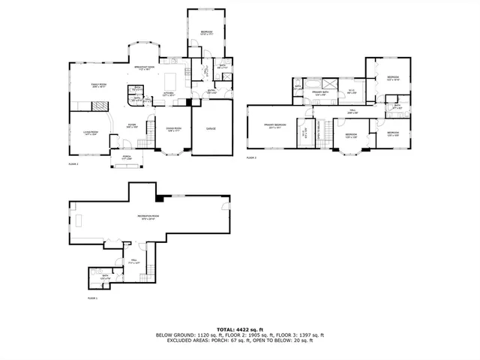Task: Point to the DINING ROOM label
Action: pos(175,129)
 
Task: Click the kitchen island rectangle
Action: pos(172,79)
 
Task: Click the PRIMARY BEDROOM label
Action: pos(274,124)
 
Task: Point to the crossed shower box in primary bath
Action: pos(327,82)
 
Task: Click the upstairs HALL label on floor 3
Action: pos(352,110)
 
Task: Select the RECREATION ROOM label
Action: pos(145,217)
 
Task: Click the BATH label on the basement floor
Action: pos(104,278)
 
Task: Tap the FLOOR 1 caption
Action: pos(91,298)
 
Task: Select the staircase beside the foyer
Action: pos(150,134)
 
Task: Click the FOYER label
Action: pos(131,125)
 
